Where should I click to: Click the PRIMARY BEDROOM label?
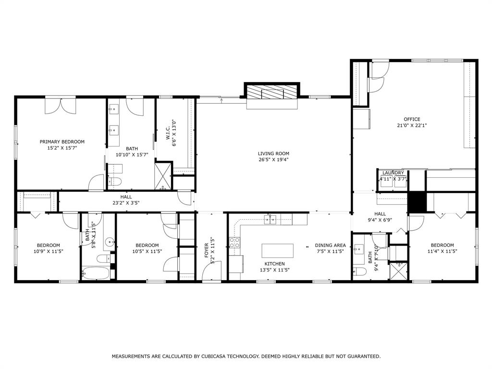(62, 142)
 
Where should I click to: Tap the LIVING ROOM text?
(272, 154)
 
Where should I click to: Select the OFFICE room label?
(412, 119)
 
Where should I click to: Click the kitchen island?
(277, 251)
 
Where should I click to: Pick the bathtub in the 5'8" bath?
(95, 273)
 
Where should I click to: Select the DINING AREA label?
(330, 245)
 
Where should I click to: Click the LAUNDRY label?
(393, 173)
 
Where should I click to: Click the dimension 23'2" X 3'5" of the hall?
(126, 203)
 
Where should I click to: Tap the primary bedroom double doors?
(60, 105)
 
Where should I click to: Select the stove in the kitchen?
(234, 243)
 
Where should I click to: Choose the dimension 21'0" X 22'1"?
(412, 125)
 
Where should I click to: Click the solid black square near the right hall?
(417, 202)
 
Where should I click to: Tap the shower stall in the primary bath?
(162, 176)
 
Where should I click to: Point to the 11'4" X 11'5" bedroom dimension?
(442, 251)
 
